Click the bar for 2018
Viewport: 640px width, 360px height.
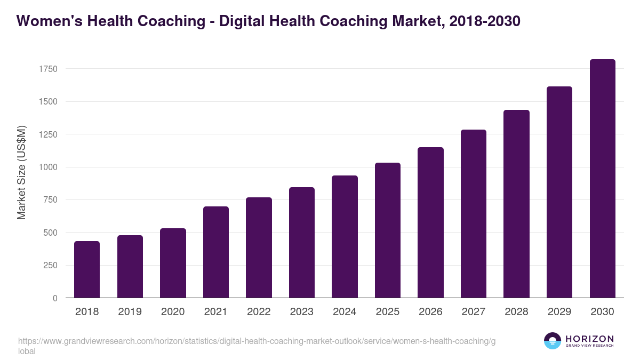[87, 269]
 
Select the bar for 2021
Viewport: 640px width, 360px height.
[215, 252]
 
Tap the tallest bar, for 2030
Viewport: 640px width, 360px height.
[602, 179]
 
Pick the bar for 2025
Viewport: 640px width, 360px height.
[387, 230]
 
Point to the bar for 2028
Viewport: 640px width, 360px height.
[516, 204]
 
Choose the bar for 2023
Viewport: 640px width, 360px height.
[301, 243]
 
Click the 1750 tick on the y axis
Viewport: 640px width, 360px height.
[47, 69]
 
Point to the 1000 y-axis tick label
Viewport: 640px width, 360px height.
[47, 167]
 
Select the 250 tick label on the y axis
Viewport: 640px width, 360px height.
[50, 265]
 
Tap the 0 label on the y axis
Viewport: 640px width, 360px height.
[55, 298]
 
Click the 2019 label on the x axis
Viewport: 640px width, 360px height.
[130, 312]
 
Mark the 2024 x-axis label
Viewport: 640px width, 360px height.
[345, 312]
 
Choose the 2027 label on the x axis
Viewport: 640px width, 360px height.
[473, 312]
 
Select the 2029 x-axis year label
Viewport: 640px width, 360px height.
[559, 312]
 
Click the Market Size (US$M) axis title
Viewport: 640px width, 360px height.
[21, 173]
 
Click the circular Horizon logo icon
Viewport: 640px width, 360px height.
[553, 341]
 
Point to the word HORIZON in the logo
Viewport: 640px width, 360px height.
[589, 339]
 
